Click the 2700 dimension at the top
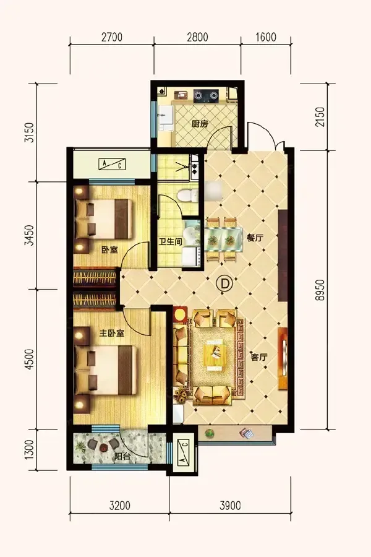click(x=112, y=37)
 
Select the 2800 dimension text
click(x=197, y=37)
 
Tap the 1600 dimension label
click(x=265, y=37)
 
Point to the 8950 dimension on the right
click(x=320, y=290)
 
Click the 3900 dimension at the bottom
click(x=230, y=505)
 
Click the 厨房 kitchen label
click(x=200, y=124)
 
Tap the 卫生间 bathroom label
click(x=171, y=242)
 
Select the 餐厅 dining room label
click(x=255, y=238)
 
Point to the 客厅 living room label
click(x=259, y=357)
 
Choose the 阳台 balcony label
click(x=122, y=457)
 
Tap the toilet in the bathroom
click(x=187, y=196)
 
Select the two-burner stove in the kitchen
click(x=205, y=95)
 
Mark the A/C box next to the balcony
click(x=183, y=453)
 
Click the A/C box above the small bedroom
click(x=112, y=164)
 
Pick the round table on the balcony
click(x=103, y=447)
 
